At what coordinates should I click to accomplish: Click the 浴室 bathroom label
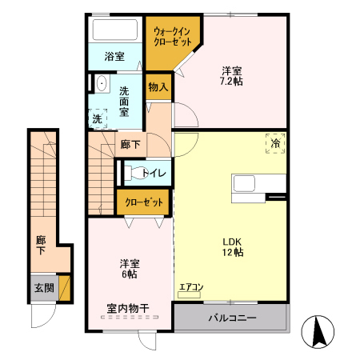(x=114, y=56)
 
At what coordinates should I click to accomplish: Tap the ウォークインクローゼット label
(x=172, y=37)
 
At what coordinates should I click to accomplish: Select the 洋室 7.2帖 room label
(x=233, y=76)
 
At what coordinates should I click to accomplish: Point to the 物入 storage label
(x=158, y=87)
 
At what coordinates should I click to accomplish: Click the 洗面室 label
(x=125, y=101)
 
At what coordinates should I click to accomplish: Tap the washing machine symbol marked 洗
(x=98, y=118)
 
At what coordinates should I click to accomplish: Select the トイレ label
(x=154, y=173)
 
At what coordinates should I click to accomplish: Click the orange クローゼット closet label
(x=145, y=202)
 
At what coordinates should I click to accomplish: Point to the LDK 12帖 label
(x=233, y=246)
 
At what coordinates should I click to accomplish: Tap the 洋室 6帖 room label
(x=128, y=268)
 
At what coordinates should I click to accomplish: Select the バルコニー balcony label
(x=232, y=318)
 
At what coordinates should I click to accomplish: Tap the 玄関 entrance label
(x=43, y=287)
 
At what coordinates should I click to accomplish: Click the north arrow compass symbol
(x=320, y=330)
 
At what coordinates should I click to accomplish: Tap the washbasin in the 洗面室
(x=101, y=84)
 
